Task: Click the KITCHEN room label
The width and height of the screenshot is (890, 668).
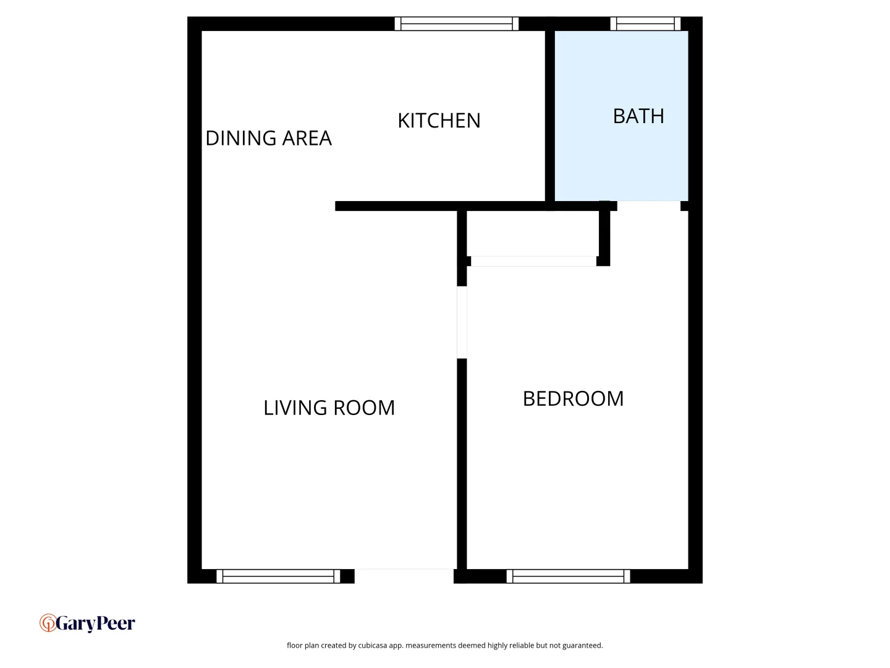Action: [x=439, y=121]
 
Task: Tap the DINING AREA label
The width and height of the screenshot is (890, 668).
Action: [x=268, y=138]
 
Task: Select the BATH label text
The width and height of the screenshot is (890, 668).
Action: [x=638, y=116]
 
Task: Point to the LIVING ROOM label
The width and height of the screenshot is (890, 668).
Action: [x=329, y=408]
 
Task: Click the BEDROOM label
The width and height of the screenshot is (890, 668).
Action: [x=573, y=398]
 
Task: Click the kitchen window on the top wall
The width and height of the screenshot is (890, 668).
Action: [x=457, y=24]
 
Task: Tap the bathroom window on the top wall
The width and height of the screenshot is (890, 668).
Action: [x=645, y=24]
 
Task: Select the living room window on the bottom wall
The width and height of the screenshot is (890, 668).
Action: [x=278, y=576]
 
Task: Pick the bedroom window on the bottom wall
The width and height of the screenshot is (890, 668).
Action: [x=569, y=576]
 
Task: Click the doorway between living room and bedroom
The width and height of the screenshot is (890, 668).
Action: [x=462, y=322]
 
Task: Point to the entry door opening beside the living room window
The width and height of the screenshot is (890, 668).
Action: [x=404, y=575]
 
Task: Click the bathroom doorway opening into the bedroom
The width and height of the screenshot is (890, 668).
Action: [x=649, y=205]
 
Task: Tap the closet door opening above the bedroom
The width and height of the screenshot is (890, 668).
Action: [x=533, y=261]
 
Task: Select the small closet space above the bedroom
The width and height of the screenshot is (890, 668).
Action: [x=532, y=233]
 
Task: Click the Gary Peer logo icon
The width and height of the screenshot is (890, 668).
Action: [x=48, y=623]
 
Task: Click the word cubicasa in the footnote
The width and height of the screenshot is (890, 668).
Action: [x=373, y=646]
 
